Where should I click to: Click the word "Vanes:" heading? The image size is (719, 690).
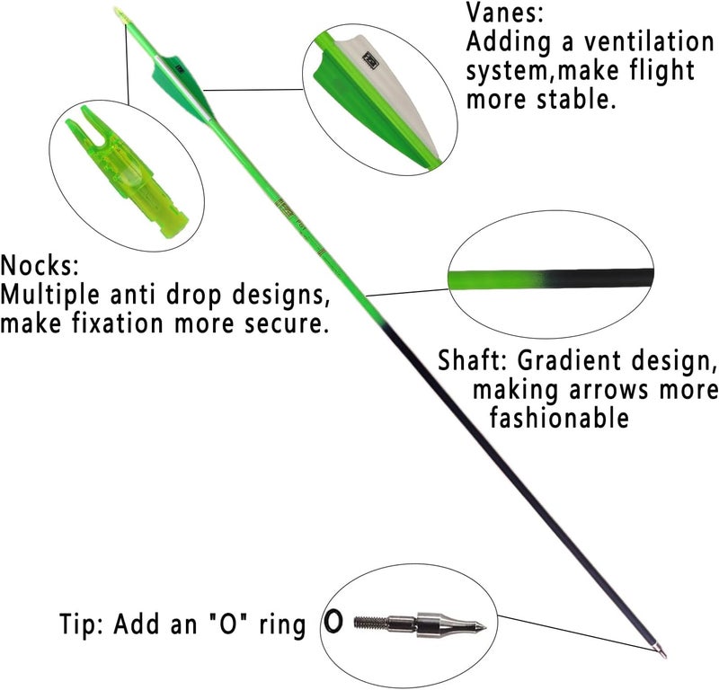coord(504,13)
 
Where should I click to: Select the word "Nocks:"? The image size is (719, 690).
coord(40,265)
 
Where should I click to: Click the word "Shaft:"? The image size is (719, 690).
coord(472,360)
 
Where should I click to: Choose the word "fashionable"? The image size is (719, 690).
coord(559,418)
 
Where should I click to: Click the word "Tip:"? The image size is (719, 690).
coord(81,624)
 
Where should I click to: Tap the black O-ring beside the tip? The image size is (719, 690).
coord(333,622)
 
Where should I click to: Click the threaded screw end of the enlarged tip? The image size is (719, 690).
coord(371,623)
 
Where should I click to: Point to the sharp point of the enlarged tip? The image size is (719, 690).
coord(484,626)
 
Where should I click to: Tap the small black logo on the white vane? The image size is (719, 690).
coord(369,60)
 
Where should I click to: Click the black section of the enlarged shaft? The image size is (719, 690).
coord(600,277)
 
